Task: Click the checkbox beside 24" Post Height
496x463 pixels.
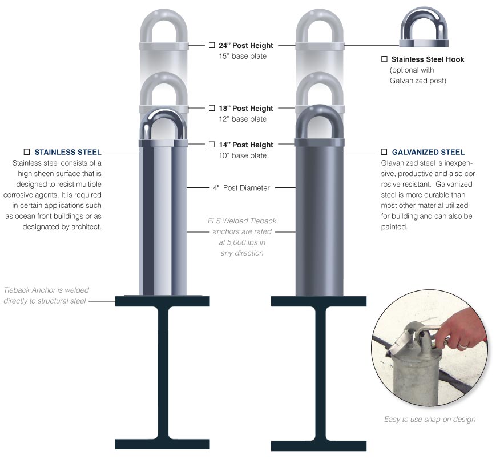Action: [212, 45]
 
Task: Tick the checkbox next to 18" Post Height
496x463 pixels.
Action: [212, 108]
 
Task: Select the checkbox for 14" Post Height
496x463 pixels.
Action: [212, 145]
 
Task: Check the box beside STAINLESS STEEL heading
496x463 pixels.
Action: [26, 153]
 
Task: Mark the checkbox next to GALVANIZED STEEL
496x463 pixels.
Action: [384, 153]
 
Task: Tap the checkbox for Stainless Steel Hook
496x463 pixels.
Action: [384, 59]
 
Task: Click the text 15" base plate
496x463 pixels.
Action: [243, 56]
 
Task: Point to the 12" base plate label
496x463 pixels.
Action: [243, 119]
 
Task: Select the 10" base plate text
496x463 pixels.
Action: [243, 155]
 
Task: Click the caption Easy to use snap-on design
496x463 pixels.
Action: [429, 419]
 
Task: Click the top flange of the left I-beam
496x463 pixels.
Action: [159, 301]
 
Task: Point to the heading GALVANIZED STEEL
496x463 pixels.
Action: [428, 153]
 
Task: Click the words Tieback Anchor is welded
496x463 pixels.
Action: [46, 290]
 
